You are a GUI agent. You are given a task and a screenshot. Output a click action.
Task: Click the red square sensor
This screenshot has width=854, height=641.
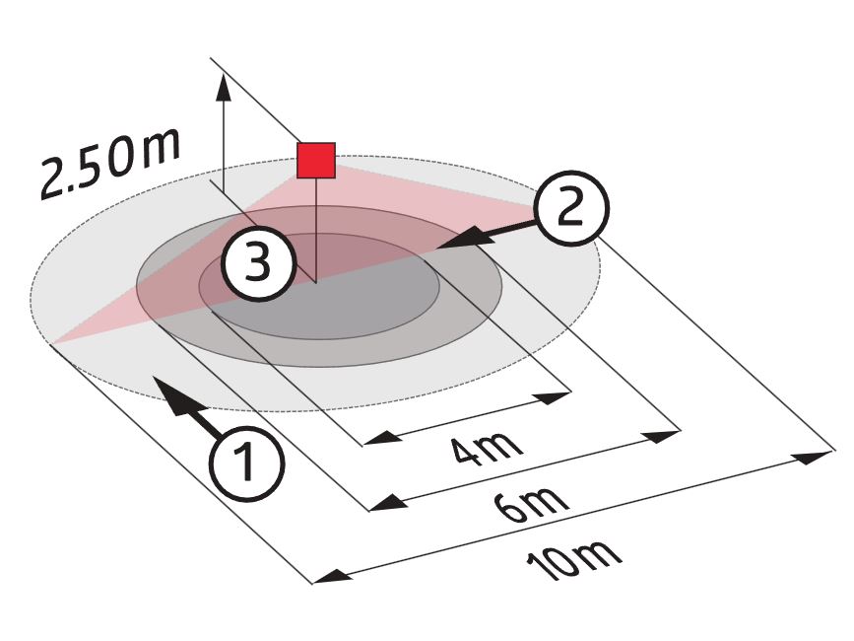315,160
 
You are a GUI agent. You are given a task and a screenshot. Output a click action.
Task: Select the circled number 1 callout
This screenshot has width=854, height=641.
247,463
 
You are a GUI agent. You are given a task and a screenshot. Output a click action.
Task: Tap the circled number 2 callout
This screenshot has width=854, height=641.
570,208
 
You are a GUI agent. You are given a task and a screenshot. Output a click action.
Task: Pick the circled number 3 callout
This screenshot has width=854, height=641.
259,262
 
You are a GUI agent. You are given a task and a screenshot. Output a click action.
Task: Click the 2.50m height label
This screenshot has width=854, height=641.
110,163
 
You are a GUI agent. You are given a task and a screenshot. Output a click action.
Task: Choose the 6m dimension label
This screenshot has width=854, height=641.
532,504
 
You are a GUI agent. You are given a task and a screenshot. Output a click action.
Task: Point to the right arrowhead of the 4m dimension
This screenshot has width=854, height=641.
553,396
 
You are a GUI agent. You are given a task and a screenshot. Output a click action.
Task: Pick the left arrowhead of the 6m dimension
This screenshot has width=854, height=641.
388,503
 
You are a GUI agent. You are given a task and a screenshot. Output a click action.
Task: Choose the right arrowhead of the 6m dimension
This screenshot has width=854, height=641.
662,437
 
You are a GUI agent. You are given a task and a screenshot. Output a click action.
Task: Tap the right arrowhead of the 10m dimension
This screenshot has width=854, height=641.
816,457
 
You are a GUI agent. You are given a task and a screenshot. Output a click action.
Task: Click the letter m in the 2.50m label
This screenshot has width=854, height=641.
160,147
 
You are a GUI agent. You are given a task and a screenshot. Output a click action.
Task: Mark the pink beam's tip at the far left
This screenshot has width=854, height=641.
52,343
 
